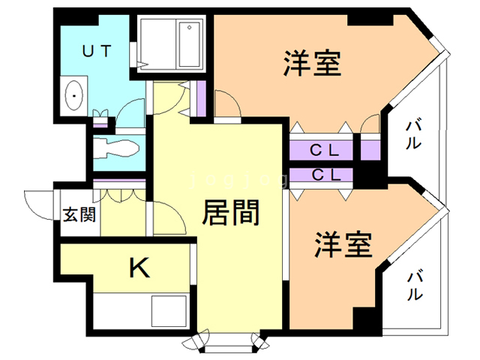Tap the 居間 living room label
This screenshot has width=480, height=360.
tap(231, 214)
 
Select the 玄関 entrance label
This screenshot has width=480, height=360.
tap(79, 216)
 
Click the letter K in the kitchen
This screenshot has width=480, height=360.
tap(139, 268)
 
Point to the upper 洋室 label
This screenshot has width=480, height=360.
tap(313, 64)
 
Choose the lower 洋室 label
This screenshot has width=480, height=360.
tap(343, 245)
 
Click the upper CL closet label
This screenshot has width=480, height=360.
tap(325, 150)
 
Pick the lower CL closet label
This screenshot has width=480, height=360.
tap(325, 175)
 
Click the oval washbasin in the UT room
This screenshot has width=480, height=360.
tap(75, 96)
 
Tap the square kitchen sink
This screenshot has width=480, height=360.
tap(168, 310)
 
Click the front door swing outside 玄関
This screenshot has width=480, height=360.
tap(37, 202)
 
